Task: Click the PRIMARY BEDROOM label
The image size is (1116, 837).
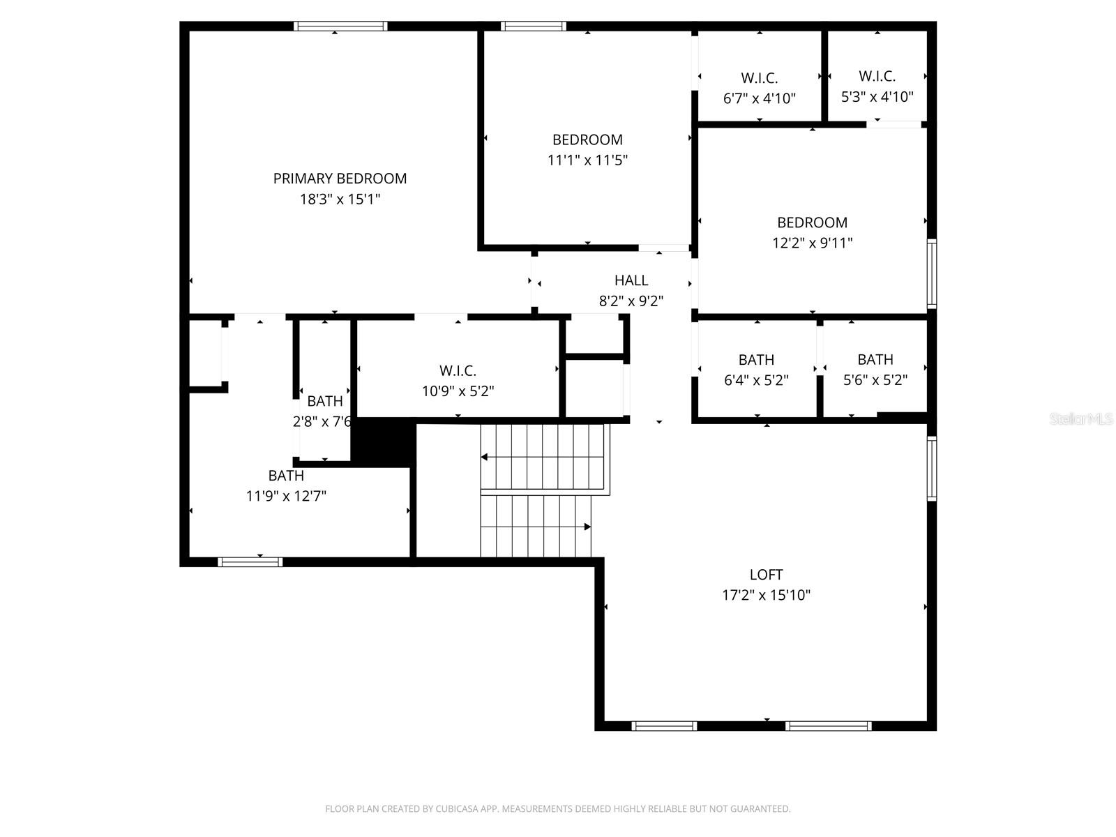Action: point(340,179)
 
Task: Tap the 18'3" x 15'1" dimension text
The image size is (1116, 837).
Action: point(340,199)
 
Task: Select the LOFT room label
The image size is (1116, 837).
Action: point(766,575)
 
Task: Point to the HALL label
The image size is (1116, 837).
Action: point(631,280)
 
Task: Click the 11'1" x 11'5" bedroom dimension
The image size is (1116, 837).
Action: point(587,160)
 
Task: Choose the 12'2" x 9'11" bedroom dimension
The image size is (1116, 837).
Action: point(812,243)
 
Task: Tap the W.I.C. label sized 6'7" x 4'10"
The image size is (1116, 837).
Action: point(759,78)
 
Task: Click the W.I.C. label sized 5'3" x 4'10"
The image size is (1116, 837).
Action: point(877,76)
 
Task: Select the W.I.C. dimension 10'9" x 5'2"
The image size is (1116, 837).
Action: point(458,391)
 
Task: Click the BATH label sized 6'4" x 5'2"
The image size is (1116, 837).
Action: point(756,360)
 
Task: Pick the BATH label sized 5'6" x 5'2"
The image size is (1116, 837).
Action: point(875,360)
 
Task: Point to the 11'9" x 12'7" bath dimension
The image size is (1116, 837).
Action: point(286,497)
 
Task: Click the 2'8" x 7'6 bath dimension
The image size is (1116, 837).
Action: point(322,422)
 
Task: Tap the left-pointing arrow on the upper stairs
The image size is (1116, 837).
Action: point(484,458)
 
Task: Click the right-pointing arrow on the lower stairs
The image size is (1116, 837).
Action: point(587,527)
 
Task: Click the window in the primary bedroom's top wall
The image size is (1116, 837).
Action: point(340,27)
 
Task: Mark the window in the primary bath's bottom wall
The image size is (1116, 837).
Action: point(250,561)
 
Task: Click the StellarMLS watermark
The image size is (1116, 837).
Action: point(1080,419)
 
